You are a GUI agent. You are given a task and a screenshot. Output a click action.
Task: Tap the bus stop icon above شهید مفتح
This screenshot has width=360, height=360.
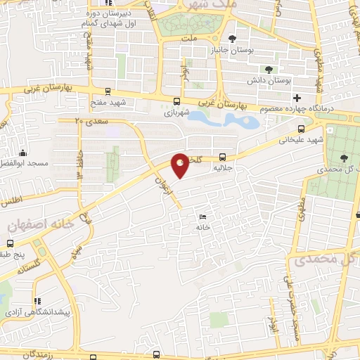click(108, 91)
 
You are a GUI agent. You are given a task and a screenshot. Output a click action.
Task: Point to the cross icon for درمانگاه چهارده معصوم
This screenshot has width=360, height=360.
click(297, 98)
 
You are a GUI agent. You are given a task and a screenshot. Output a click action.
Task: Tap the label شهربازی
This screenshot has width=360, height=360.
click(177, 112)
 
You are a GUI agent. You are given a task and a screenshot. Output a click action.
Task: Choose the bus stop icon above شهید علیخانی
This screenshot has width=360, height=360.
click(302, 128)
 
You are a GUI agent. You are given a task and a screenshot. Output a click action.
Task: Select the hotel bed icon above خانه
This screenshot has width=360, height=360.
click(203, 217)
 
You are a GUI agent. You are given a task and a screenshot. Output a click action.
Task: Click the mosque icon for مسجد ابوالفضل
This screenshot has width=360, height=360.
click(24, 153)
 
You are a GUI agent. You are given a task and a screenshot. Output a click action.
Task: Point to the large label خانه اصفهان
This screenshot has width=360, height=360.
click(41, 225)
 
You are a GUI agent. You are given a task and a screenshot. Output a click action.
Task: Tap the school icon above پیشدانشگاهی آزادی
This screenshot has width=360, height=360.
click(37, 301)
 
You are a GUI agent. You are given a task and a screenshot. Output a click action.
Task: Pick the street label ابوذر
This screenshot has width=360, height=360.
click(271, 323)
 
